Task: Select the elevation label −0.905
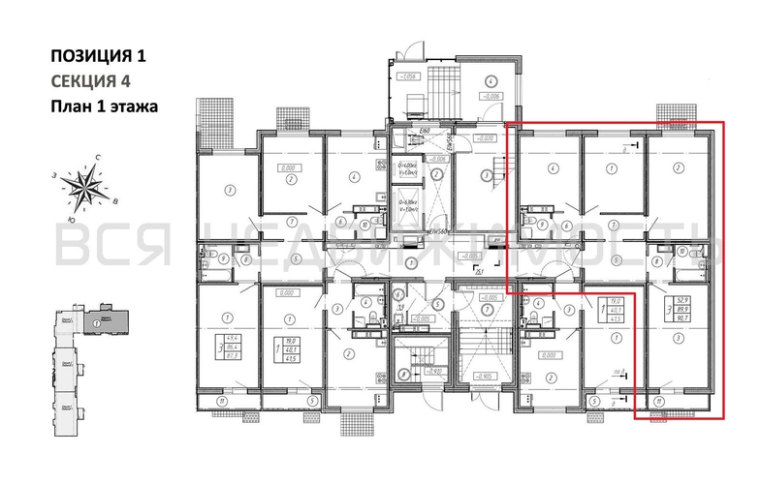click(x=486, y=376)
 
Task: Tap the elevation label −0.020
click(x=485, y=138)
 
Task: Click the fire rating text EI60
click(x=424, y=131)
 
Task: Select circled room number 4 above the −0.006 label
click(x=491, y=81)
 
